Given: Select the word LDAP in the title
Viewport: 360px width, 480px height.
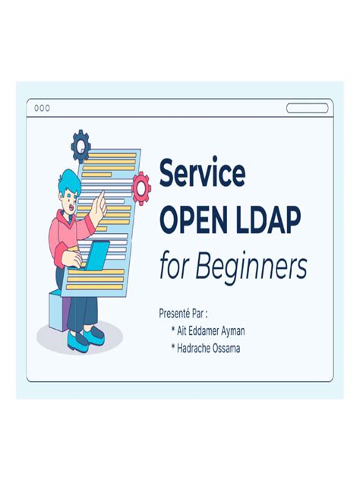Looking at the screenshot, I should click(267, 220).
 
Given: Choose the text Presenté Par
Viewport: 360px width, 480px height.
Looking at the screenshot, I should click(183, 312).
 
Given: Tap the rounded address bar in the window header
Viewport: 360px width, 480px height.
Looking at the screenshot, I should click(307, 108).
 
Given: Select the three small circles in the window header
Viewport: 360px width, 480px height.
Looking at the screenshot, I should click(43, 108).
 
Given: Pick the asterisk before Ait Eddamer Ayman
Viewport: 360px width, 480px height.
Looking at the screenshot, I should click(174, 330).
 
